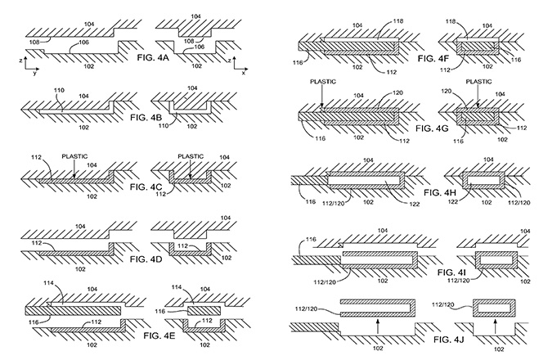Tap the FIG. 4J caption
[x=432, y=336]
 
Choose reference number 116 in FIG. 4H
[x=308, y=200]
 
